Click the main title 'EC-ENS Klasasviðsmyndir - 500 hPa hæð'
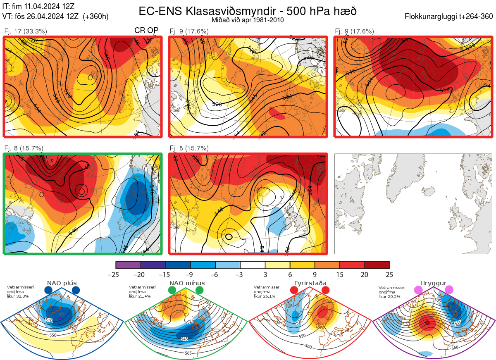247,11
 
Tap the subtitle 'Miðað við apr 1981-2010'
247,20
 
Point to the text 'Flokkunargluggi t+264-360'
450,17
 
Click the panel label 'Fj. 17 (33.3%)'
26,31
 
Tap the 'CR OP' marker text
147,31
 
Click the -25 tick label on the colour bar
116,274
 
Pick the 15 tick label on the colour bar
339,274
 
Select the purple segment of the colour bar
128,265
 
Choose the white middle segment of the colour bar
253,265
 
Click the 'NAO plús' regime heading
62,283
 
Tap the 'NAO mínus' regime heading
187,283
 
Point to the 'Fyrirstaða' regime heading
310,283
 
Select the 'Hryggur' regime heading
434,283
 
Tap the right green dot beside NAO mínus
200,290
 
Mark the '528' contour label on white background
217,105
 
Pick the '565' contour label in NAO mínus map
188,353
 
